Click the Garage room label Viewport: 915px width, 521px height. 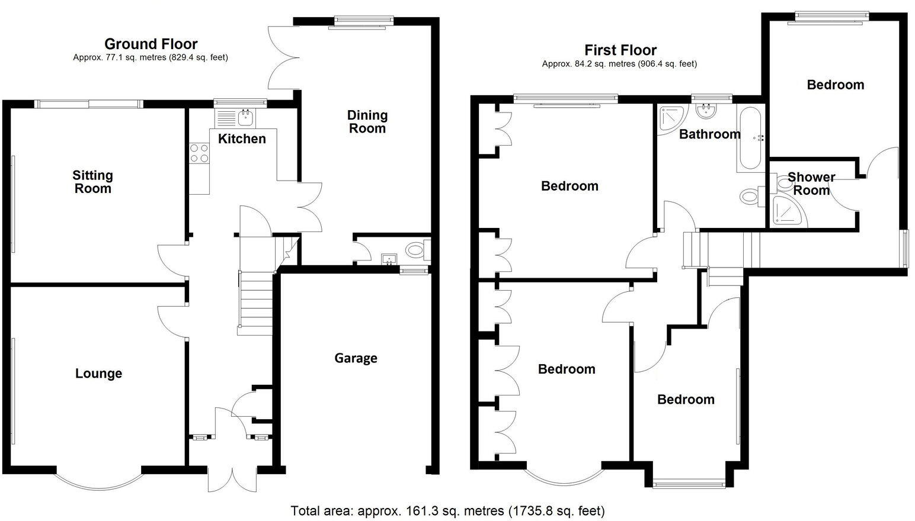coord(356,358)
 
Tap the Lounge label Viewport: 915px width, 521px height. coord(98,374)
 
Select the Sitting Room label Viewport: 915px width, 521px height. coord(92,182)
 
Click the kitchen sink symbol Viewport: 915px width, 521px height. coord(245,118)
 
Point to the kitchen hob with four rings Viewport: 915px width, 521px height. coord(199,154)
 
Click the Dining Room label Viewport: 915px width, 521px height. coord(367,121)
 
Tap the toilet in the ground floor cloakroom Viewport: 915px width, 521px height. coord(417,250)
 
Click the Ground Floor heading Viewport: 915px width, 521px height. coord(151,44)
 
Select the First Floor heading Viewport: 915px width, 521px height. coord(620,50)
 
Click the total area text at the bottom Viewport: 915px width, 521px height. coord(447,510)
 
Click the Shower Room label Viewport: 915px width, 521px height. coord(811,184)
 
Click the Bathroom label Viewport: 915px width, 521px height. coord(709,134)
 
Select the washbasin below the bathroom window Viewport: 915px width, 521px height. coord(706,110)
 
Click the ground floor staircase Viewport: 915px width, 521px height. coord(256,299)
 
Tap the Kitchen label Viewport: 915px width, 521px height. coord(242,139)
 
